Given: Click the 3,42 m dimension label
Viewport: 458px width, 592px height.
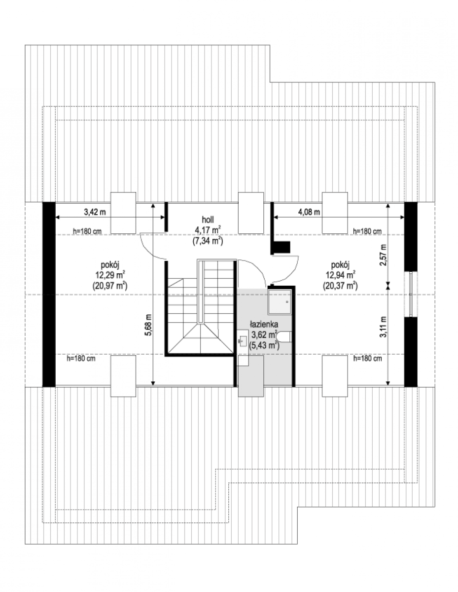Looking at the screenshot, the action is pos(95,212).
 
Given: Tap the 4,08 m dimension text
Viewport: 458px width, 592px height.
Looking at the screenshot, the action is pos(309,212).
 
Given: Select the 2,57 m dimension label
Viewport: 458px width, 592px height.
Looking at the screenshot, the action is pos(383,255).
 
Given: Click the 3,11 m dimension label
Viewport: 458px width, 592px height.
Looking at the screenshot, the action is pos(383,327).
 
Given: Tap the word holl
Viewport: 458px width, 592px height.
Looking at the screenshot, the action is pos(208,220).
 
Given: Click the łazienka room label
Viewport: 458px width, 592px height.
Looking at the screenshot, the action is pos(264,324).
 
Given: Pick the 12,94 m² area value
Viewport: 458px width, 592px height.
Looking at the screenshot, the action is pos(340,275).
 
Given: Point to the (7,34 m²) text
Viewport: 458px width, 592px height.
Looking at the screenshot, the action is pos(208,241).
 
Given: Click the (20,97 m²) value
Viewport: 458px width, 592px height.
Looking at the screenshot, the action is pos(110,286).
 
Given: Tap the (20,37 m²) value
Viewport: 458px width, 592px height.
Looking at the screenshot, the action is pos(340,286).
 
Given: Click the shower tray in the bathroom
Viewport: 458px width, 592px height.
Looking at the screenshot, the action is pos(280,301).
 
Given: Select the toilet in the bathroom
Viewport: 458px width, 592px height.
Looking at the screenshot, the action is pos(283,336).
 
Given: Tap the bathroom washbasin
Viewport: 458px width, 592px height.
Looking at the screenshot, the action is pos(243,341).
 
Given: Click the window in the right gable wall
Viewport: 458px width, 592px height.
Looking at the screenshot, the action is pos(411,294).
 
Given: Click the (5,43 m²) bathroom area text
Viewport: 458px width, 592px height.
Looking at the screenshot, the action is pos(264,345).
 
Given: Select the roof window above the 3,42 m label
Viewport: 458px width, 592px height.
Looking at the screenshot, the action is pos(123,213).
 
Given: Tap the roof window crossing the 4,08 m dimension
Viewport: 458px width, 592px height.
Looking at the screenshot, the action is pos(335,213).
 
